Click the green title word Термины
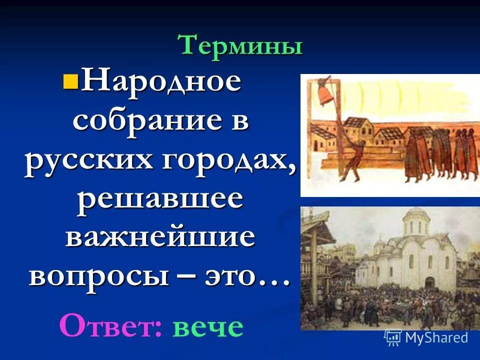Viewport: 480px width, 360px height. click(241, 46)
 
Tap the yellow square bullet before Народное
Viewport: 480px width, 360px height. click(69, 80)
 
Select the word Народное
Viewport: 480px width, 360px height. click(160, 81)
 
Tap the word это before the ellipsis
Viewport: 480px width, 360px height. click(231, 276)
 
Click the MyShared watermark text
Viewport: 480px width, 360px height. click(436, 337)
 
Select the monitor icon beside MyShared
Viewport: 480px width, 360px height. click(393, 337)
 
